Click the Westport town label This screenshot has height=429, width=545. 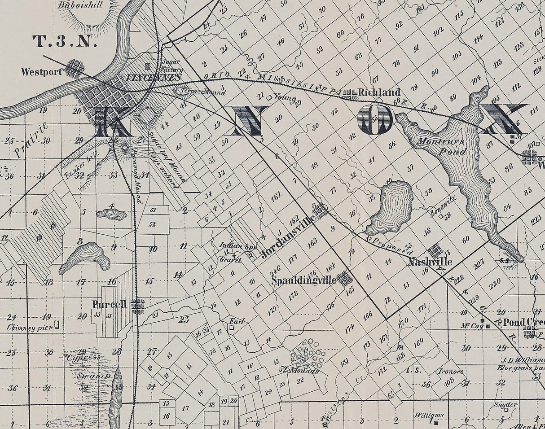coord(41,71)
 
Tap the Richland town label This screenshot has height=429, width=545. coord(379,93)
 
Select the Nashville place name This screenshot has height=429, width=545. coord(430,262)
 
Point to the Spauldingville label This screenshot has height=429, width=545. coord(304,280)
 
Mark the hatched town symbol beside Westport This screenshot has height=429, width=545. coord(75,69)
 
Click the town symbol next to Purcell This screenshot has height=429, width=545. coord(137,306)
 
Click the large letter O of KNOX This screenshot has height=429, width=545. coord(375,120)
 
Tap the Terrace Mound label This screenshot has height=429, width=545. coord(203,91)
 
